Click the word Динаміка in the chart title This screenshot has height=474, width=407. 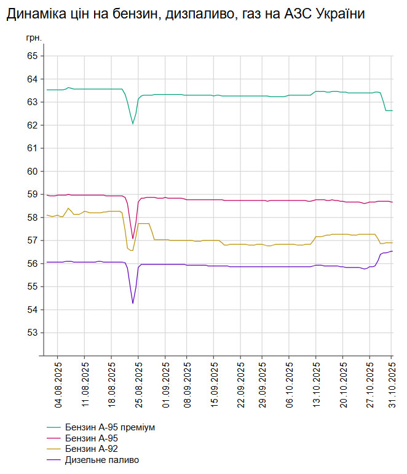click(36, 14)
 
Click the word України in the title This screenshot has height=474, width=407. click(338, 14)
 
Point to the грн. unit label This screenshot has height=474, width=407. click(34, 38)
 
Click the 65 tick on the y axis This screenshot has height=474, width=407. click(33, 56)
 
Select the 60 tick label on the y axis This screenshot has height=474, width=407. click(33, 172)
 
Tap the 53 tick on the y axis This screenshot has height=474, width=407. click(33, 333)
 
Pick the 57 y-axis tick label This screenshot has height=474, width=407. click(33, 240)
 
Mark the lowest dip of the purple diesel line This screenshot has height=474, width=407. click(133, 303)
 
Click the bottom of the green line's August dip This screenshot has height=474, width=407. click(133, 124)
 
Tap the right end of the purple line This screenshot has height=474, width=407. click(392, 251)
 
